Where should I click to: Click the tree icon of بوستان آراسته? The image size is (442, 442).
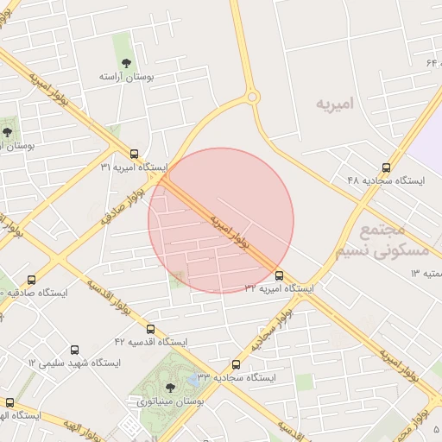[x=127, y=62]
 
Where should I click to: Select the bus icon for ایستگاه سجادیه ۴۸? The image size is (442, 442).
[x=385, y=167]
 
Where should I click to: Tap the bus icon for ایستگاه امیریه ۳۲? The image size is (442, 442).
[x=278, y=275]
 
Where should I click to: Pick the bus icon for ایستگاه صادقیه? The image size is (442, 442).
[x=32, y=280]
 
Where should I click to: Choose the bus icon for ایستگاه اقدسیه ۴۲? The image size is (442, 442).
[x=151, y=329]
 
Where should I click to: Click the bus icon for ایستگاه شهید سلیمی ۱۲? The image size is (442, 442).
[x=74, y=350]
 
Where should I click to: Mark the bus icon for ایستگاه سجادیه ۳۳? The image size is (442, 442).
[x=236, y=364]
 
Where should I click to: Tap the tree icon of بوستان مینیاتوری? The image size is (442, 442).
[x=168, y=387]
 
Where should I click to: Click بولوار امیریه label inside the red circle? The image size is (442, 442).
[x=230, y=231]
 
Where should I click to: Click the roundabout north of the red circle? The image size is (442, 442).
[x=253, y=98]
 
